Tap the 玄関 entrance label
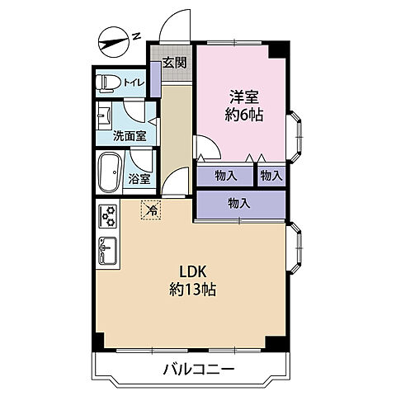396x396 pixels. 174,63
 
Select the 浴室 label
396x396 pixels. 139,179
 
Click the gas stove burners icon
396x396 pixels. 107,217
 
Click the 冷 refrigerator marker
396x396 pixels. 152,210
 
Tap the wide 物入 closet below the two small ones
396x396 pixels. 240,203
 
